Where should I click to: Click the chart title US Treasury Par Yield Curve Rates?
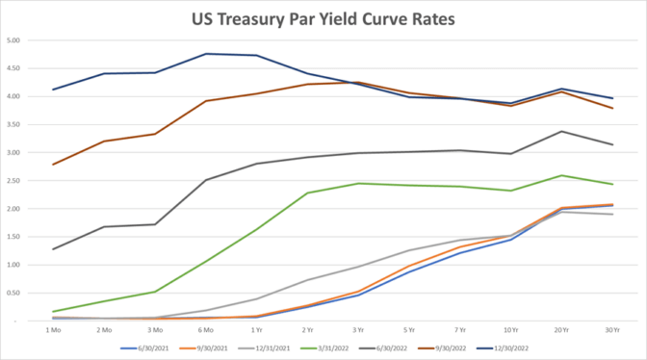point(323,19)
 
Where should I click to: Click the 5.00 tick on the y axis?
point(14,40)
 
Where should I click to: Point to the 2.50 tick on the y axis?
point(14,181)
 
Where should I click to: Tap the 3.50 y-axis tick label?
point(14,125)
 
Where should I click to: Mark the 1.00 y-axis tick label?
point(14,265)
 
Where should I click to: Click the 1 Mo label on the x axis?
point(53,329)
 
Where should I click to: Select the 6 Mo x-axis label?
point(205,329)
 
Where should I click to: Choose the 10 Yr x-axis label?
point(510,329)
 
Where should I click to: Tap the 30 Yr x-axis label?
point(611,329)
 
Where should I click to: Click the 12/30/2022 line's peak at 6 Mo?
point(205,54)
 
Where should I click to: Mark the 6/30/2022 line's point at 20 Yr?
point(561,132)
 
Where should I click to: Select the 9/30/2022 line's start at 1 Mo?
point(53,165)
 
